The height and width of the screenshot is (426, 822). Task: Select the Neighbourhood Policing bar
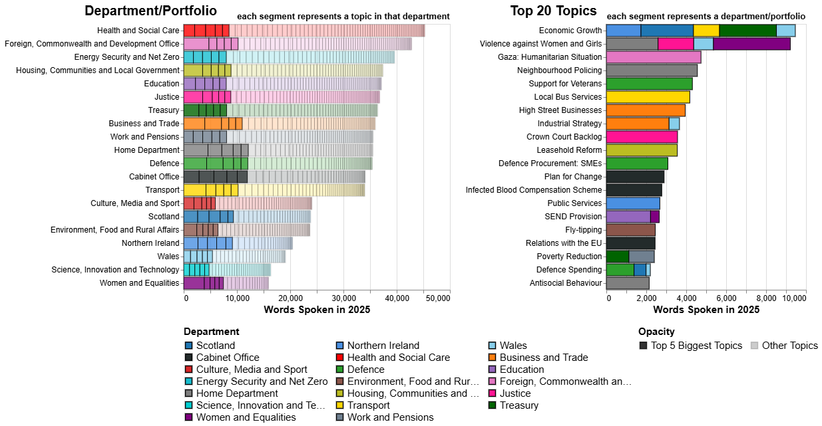click(x=652, y=70)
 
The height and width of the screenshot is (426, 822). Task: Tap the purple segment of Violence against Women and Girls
click(x=751, y=44)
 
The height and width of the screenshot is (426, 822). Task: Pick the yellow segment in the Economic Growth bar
click(x=706, y=31)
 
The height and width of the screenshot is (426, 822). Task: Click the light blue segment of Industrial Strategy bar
click(x=674, y=124)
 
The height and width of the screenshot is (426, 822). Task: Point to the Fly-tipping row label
click(x=583, y=230)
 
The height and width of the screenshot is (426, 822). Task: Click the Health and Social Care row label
click(x=138, y=31)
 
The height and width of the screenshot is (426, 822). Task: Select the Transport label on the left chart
click(x=162, y=190)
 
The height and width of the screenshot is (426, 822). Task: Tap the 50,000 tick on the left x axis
click(x=438, y=300)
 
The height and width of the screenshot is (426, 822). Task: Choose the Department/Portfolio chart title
click(x=150, y=11)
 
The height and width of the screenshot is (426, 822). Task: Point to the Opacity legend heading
click(x=656, y=332)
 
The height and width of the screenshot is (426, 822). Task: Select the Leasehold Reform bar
click(x=642, y=150)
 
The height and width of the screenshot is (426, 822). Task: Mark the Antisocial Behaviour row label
click(x=566, y=283)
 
